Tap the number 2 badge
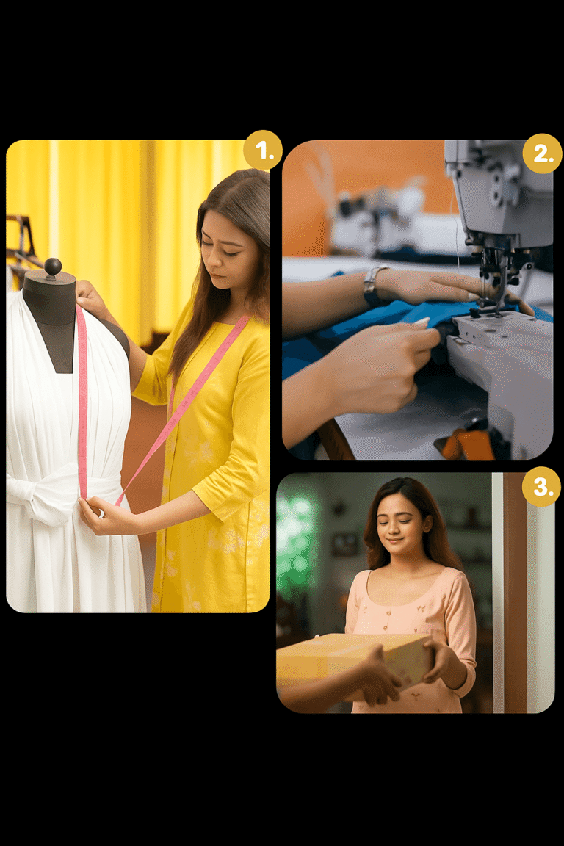[542, 154]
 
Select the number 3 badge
[541, 487]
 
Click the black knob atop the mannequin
[52, 267]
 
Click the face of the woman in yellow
[229, 250]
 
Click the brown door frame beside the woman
[515, 587]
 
